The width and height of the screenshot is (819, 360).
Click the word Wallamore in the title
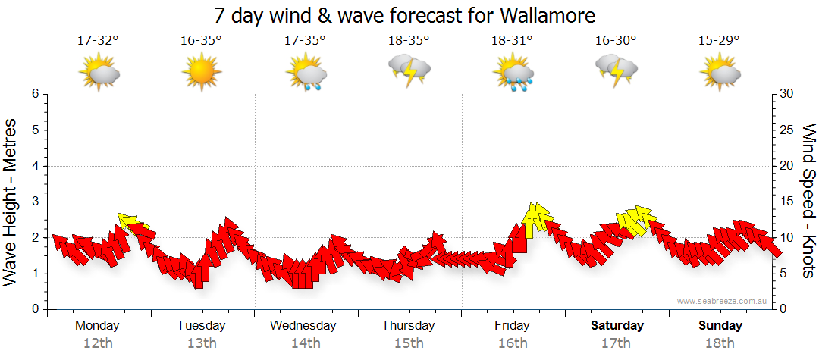click(x=548, y=15)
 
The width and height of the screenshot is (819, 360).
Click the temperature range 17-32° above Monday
click(x=98, y=40)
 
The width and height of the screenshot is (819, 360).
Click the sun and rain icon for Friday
click(x=513, y=72)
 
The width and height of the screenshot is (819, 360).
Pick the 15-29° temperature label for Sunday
click(x=719, y=40)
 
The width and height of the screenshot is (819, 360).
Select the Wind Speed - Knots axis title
click(x=808, y=201)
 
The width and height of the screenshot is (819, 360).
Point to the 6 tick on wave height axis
click(x=34, y=94)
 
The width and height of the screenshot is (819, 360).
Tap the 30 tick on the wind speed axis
click(x=788, y=94)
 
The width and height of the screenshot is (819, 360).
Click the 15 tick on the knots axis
click(x=788, y=202)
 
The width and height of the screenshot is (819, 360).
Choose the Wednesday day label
click(x=303, y=326)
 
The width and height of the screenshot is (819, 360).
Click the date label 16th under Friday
click(x=513, y=343)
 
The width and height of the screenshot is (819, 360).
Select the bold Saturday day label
click(x=617, y=326)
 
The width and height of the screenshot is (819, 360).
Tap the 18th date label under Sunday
click(x=720, y=343)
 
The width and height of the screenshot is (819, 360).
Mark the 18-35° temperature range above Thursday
click(x=409, y=40)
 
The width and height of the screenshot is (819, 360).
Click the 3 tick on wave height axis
click(x=34, y=202)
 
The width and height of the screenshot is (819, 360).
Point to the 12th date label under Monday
click(x=99, y=343)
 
